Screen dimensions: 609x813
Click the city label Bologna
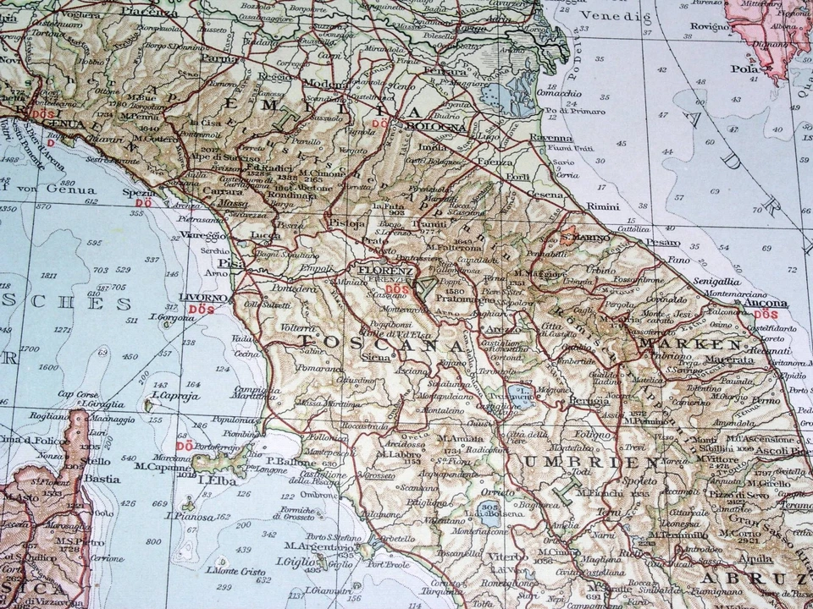tap(435, 127)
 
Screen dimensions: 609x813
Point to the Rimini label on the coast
tap(602, 206)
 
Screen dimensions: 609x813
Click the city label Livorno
tap(202, 299)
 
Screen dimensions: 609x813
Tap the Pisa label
tap(231, 263)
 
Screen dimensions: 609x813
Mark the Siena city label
tap(376, 358)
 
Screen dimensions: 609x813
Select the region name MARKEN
tap(690, 345)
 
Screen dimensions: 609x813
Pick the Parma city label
tap(218, 59)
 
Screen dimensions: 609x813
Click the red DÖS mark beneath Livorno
tap(202, 310)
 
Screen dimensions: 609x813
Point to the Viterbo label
tap(506, 557)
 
